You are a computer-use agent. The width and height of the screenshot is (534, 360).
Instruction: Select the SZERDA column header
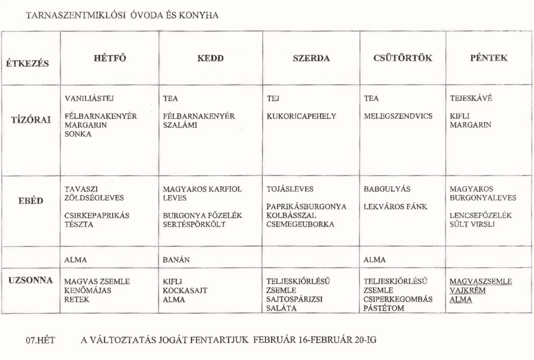pyautogui.click(x=311, y=58)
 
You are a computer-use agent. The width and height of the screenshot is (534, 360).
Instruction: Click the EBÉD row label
pyautogui.click(x=31, y=200)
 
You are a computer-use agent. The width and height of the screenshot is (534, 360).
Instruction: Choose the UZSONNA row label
pyautogui.click(x=30, y=281)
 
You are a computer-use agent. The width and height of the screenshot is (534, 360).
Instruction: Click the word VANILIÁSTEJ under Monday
pyautogui.click(x=89, y=98)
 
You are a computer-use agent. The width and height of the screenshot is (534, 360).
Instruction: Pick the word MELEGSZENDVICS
pyautogui.click(x=398, y=116)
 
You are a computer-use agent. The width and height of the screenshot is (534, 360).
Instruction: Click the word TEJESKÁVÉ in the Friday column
pyautogui.click(x=470, y=98)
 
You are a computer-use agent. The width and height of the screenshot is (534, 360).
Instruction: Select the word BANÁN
pyautogui.click(x=176, y=259)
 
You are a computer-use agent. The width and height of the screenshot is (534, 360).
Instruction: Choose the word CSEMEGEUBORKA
pyautogui.click(x=300, y=224)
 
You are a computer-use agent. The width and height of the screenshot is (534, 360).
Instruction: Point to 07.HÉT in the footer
pyautogui.click(x=37, y=340)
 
